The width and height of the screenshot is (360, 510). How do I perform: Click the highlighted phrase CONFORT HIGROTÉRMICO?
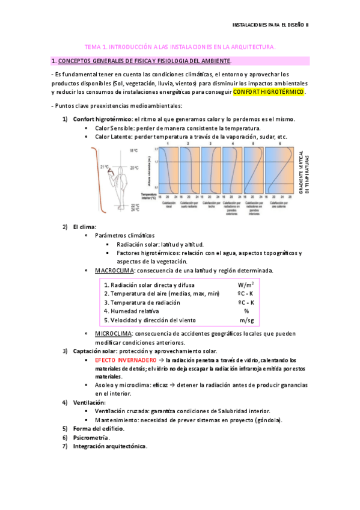tap(269, 92)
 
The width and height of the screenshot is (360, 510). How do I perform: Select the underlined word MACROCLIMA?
tap(114, 271)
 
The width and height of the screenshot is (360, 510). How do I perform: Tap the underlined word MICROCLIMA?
tap(114, 333)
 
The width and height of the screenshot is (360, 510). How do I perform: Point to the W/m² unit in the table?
tap(246, 284)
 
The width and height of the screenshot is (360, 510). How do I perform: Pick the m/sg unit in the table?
tap(246, 320)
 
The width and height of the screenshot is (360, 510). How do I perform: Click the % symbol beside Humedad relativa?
tap(246, 311)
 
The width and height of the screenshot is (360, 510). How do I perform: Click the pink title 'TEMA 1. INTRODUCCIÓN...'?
tap(180, 46)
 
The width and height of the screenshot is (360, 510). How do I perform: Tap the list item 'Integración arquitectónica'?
tap(109, 446)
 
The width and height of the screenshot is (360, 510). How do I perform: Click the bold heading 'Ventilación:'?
tap(89, 402)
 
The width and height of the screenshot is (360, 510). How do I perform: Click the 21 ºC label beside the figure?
tap(105, 167)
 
